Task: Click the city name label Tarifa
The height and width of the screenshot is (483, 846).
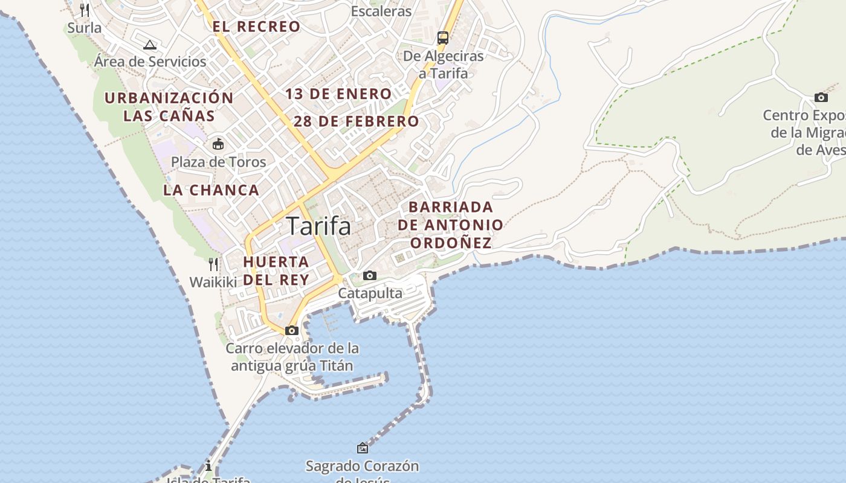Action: (x=318, y=226)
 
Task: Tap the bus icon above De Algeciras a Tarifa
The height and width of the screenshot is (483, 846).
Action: (x=443, y=38)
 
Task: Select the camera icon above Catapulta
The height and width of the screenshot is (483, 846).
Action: (x=370, y=276)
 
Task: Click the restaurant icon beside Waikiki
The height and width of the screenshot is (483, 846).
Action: (x=213, y=264)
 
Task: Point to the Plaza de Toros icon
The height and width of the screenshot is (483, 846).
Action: (x=218, y=144)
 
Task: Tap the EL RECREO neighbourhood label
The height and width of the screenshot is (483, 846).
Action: (x=256, y=27)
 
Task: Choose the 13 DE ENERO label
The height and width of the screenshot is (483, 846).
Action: (x=338, y=94)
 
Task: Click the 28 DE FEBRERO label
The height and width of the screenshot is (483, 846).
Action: (x=357, y=121)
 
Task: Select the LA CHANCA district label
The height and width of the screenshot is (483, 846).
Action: (x=211, y=190)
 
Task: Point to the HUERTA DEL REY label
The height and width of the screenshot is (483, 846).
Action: (x=276, y=271)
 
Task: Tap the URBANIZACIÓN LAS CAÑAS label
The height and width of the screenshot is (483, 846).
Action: (x=169, y=107)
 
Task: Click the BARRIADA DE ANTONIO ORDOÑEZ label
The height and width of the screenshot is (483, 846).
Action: (x=451, y=225)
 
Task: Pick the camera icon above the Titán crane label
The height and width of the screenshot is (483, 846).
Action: (x=292, y=330)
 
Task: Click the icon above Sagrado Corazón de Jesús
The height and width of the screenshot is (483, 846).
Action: (x=363, y=448)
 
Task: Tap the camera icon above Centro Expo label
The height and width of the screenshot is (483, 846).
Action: (x=821, y=97)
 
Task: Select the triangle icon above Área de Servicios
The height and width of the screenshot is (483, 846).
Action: (x=150, y=44)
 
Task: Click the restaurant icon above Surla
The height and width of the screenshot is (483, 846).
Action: (x=85, y=10)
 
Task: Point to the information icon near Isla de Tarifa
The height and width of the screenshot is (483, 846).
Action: (x=208, y=466)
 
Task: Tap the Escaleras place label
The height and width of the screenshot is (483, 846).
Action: (x=381, y=11)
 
